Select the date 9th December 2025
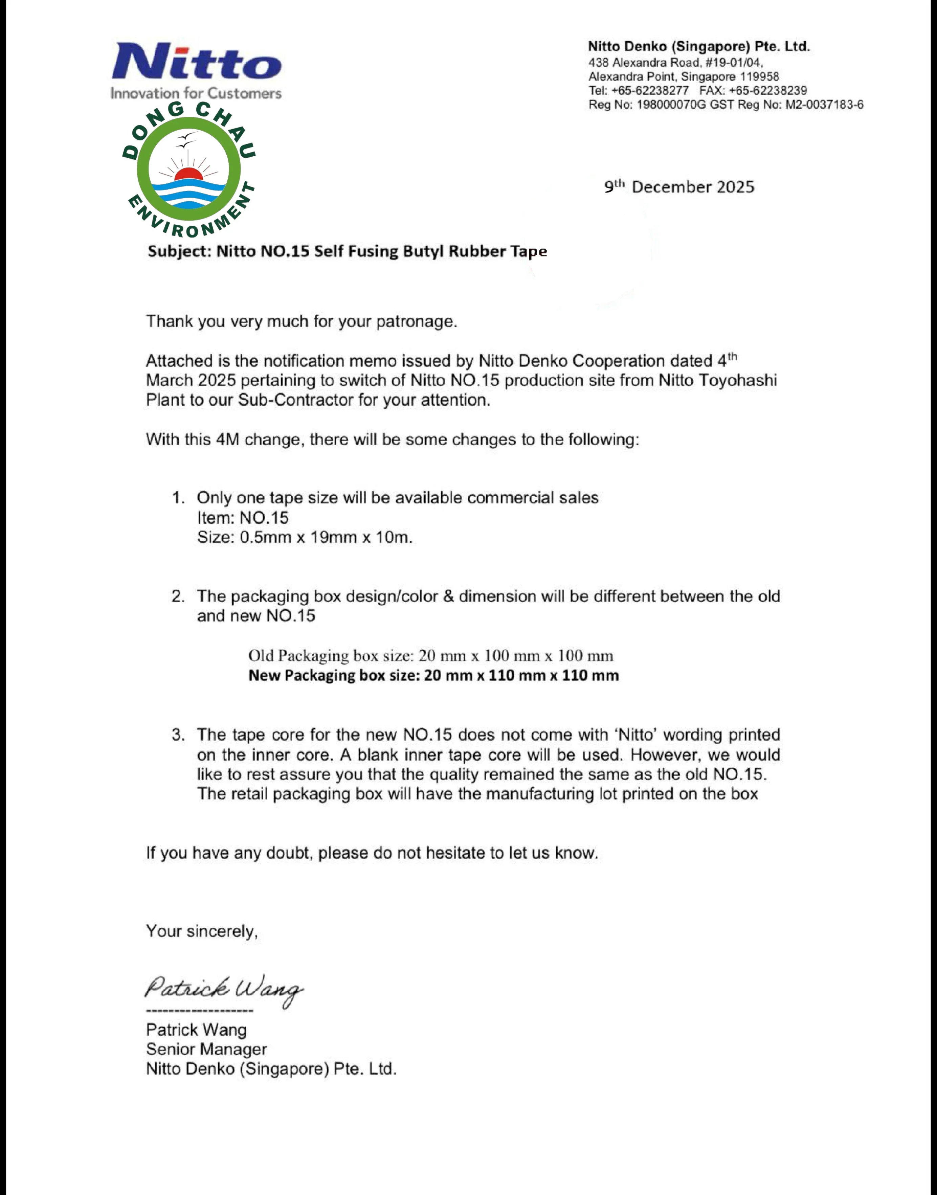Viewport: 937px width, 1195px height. click(679, 187)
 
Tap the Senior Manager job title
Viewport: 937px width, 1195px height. click(206, 1049)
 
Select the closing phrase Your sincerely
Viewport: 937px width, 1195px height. click(201, 931)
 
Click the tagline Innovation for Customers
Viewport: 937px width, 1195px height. click(196, 93)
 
